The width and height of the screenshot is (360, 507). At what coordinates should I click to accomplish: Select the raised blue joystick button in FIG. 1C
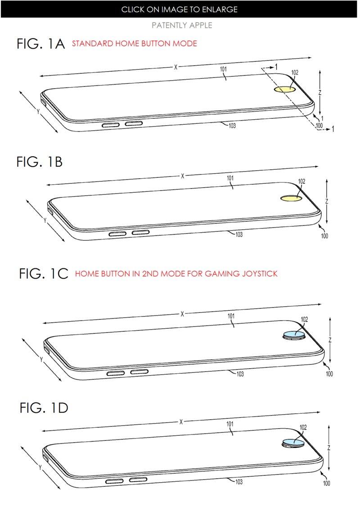[x=295, y=334]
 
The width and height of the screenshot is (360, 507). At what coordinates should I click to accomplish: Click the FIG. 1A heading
[x=40, y=44]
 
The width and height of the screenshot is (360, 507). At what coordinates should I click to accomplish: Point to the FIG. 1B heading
[x=40, y=162]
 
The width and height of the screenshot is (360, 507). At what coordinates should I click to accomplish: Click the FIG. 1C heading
[x=43, y=273]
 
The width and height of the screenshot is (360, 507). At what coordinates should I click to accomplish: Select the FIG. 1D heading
[x=44, y=408]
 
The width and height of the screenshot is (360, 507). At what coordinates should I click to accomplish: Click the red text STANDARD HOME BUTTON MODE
[x=134, y=44]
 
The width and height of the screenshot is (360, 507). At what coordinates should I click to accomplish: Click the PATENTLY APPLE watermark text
[x=181, y=25]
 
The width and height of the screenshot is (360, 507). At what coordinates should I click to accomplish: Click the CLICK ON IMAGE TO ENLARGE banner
[x=180, y=9]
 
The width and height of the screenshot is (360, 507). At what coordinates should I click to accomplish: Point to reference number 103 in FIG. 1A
[x=231, y=126]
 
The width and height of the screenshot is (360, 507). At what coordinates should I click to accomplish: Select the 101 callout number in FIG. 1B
[x=230, y=178]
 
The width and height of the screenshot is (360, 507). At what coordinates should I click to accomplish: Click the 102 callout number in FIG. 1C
[x=304, y=319]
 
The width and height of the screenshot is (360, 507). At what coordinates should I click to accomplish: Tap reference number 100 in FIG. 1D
[x=326, y=483]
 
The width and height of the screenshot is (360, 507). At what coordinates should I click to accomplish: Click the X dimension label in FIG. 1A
[x=176, y=67]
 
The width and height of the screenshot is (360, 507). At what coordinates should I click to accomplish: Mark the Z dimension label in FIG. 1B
[x=327, y=201]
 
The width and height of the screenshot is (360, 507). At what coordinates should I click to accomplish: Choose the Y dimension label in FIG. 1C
[x=41, y=359]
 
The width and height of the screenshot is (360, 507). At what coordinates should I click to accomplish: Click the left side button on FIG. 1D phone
[x=114, y=480]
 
